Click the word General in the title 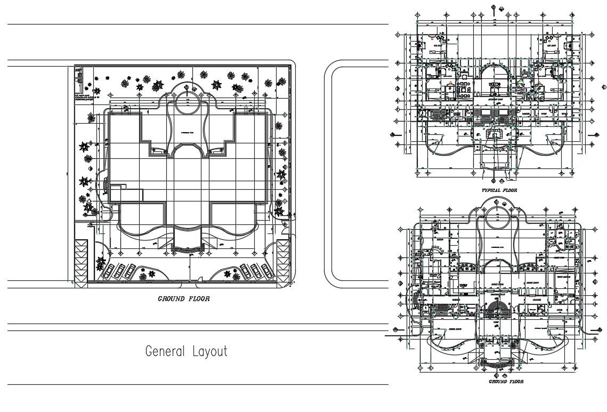[164, 352]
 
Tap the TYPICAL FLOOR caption [499, 190]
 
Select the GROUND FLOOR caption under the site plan [183, 299]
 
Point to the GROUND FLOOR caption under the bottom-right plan [506, 382]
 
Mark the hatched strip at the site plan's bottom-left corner [80, 263]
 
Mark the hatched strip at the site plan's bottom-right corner [282, 263]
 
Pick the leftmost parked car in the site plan [108, 271]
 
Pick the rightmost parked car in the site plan [265, 270]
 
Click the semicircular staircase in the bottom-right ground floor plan [498, 308]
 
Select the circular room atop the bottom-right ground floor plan [497, 217]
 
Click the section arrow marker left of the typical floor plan [393, 135]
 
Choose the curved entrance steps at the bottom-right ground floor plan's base [498, 363]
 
